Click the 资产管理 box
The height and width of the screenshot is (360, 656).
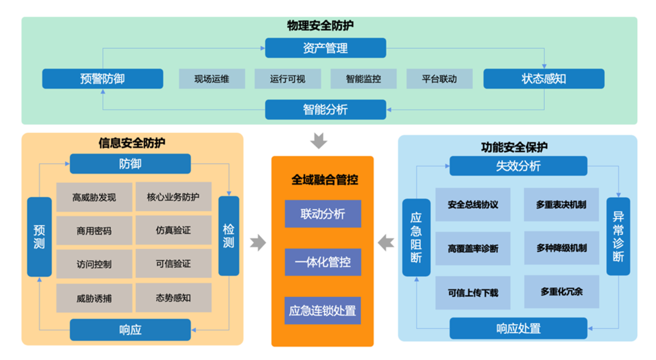pyautogui.click(x=325, y=48)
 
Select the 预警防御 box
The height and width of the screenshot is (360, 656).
pyautogui.click(x=103, y=79)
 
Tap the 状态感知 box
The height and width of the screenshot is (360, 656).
pyautogui.click(x=544, y=79)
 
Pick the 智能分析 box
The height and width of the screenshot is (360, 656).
pyautogui.click(x=325, y=110)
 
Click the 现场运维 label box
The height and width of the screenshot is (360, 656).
pyautogui.click(x=212, y=79)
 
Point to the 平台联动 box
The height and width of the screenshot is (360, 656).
pyautogui.click(x=439, y=79)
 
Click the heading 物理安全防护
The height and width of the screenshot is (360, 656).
pyautogui.click(x=320, y=25)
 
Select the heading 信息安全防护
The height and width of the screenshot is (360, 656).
pyautogui.click(x=132, y=143)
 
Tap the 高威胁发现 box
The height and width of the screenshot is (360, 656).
pyautogui.click(x=94, y=197)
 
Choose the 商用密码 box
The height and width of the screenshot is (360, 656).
pyautogui.click(x=94, y=231)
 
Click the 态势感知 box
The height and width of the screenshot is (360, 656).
pyautogui.click(x=173, y=297)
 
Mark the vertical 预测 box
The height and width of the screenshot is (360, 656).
pyautogui.click(x=39, y=237)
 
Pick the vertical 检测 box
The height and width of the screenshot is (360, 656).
pyautogui.click(x=228, y=236)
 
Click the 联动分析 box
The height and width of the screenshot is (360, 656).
pyautogui.click(x=323, y=214)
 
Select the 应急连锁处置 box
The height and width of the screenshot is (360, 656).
pyautogui.click(x=323, y=311)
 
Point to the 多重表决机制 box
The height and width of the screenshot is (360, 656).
pyautogui.click(x=561, y=205)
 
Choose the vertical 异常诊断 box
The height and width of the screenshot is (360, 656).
pyautogui.click(x=618, y=236)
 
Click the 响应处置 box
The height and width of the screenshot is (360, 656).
pyautogui.click(x=518, y=328)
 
